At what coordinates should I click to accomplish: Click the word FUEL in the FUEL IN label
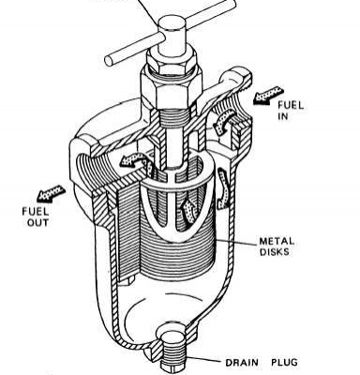291,106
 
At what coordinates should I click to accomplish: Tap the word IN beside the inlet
283,117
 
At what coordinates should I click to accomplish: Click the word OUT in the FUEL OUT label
37,223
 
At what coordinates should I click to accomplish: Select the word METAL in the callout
277,241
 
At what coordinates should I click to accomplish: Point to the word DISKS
274,252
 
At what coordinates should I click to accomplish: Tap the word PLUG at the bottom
284,363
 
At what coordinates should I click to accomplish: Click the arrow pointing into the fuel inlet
268,96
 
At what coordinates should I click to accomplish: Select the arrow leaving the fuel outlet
52,192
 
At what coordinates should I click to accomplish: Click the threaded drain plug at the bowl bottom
172,347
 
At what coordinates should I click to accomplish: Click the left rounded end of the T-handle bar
110,60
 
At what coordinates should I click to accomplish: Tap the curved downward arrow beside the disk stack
224,189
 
